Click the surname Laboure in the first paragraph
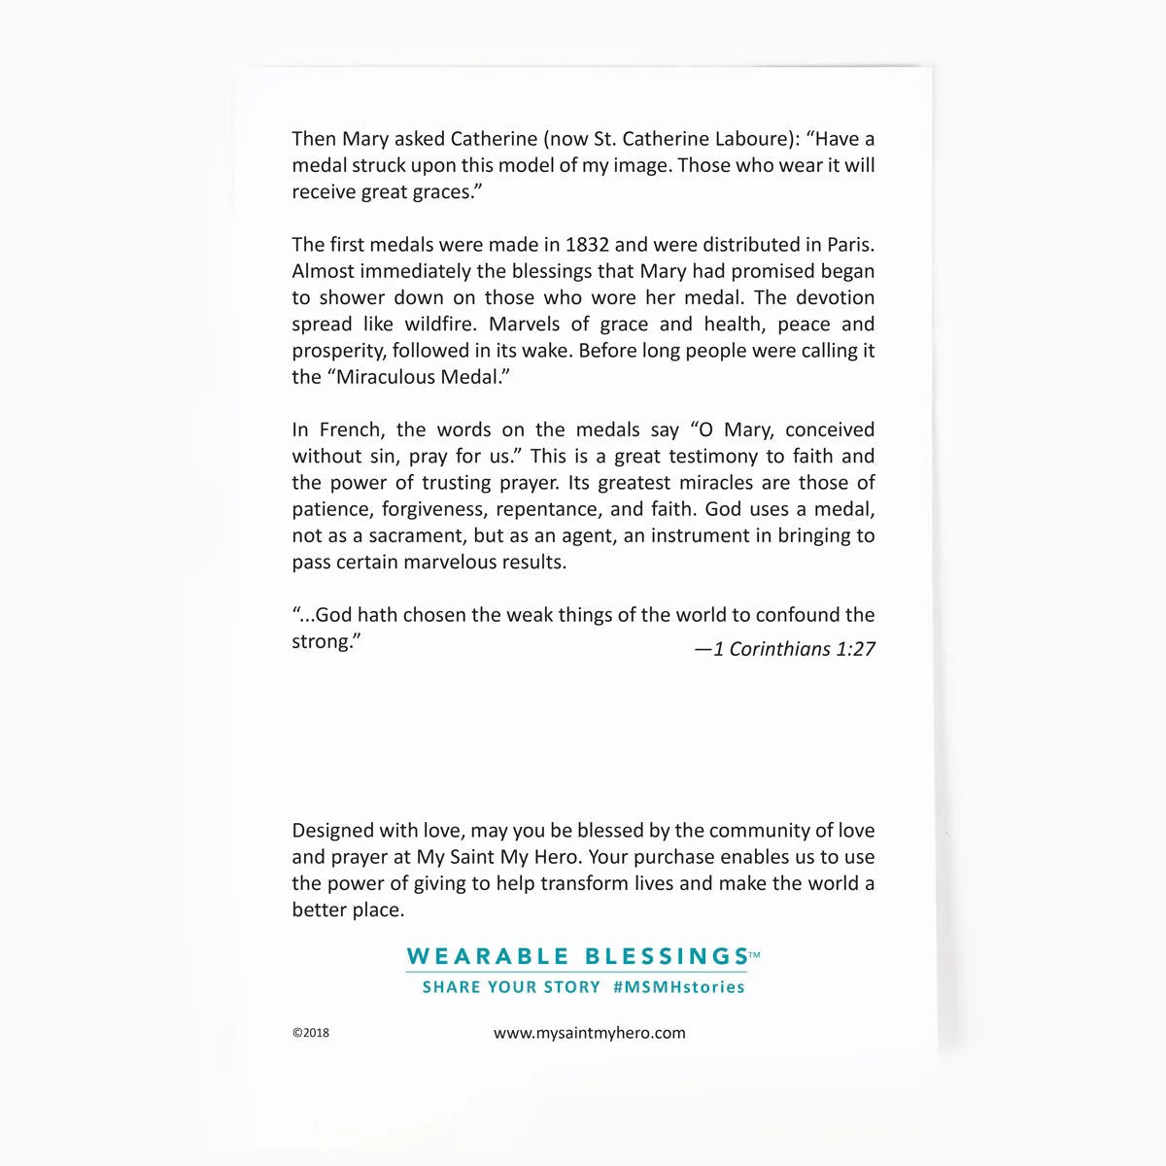(753, 139)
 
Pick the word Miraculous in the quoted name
(387, 377)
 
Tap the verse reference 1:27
(855, 649)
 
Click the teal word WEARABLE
(488, 956)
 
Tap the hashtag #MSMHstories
(679, 987)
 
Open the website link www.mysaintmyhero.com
(590, 1033)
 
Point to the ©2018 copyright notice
(311, 1033)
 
